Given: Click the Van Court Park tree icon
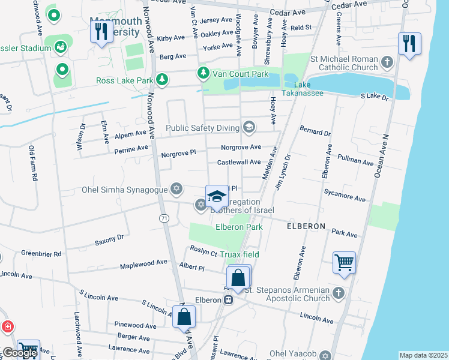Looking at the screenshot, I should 203,73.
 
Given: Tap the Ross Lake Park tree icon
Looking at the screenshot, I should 161,79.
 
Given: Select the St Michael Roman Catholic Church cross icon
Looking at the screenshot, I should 387,62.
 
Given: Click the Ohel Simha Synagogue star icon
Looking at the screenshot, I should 176,190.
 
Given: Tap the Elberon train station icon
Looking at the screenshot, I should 228,299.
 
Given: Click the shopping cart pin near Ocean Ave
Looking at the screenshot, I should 344,263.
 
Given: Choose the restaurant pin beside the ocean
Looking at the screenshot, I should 409,44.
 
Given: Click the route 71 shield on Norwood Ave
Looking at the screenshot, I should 164,219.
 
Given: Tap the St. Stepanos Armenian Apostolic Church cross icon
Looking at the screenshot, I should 339,293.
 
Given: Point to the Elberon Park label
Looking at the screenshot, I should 239,227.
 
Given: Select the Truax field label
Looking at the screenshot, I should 239,254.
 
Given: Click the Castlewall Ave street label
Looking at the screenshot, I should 239,162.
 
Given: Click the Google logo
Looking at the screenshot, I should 20,353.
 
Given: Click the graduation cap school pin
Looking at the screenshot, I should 217,196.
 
